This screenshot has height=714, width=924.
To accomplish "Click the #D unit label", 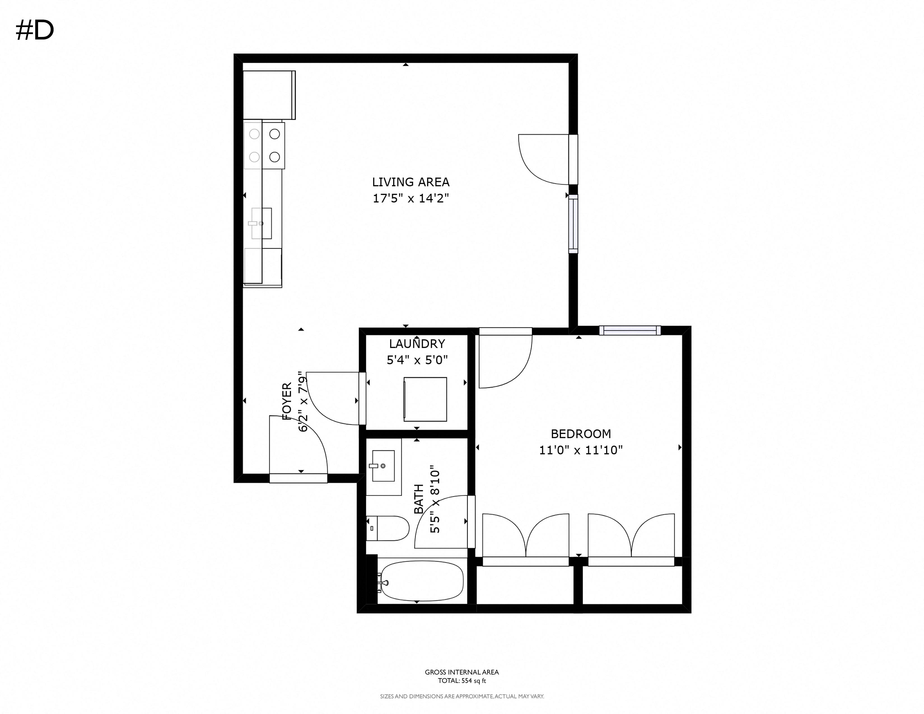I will click(x=35, y=31).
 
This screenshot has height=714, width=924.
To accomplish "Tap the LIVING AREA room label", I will click(x=410, y=182).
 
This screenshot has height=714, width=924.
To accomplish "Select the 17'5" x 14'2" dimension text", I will click(x=410, y=199).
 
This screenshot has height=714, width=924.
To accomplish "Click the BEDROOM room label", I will click(x=580, y=434).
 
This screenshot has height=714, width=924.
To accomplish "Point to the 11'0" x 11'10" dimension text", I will click(x=580, y=450).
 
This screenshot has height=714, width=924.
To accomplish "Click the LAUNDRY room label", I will click(x=417, y=344).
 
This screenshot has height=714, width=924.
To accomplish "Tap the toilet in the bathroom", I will click(x=388, y=528).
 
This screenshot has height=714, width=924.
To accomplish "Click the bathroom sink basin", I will click(x=383, y=466).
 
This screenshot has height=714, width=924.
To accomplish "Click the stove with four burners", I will click(x=264, y=146).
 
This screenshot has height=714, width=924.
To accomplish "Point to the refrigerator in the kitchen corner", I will click(x=269, y=95).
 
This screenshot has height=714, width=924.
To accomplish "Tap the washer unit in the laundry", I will click(x=425, y=399).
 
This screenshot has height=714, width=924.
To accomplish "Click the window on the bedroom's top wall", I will click(x=630, y=330).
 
